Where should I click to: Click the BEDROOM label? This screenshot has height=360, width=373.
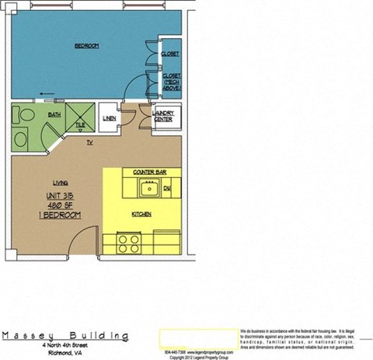[86, 47]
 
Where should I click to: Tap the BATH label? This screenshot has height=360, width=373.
[54, 114]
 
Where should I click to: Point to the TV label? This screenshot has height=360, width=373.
[90, 142]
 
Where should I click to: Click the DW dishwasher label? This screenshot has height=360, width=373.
[166, 188]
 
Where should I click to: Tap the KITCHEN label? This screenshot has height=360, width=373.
[141, 214]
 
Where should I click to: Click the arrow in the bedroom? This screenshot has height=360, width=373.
[48, 97]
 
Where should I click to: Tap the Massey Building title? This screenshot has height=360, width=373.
[65, 335]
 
